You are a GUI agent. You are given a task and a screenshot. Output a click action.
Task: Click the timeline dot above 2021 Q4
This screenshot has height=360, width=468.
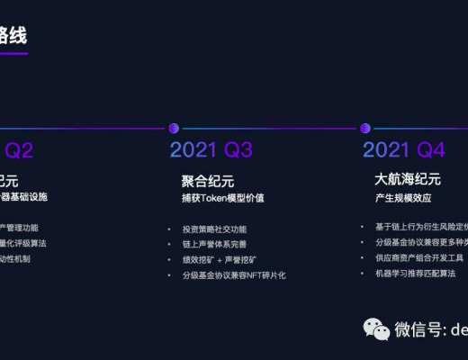[364, 128]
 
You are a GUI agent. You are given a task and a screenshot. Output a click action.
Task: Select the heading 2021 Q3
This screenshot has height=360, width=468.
[211, 150]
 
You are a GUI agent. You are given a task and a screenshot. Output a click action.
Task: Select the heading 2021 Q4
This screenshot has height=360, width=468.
[405, 150]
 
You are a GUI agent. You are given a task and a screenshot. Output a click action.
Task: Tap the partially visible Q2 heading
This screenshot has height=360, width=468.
[19, 150]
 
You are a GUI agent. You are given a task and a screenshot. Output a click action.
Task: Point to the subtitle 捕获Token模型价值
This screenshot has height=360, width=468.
[222, 197]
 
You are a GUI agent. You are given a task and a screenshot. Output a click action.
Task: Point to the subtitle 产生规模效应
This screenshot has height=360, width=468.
[400, 197]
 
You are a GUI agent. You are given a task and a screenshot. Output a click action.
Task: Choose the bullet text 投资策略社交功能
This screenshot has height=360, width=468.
[213, 229]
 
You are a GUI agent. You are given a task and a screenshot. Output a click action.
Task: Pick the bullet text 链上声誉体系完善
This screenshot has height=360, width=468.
[213, 244]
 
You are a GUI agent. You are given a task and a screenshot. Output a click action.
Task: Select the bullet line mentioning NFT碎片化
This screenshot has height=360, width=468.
[233, 274]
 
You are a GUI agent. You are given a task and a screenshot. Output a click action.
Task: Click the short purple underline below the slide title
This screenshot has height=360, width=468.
[13, 54]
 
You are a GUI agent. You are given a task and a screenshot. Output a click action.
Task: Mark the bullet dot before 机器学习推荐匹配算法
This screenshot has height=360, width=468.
[363, 273]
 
